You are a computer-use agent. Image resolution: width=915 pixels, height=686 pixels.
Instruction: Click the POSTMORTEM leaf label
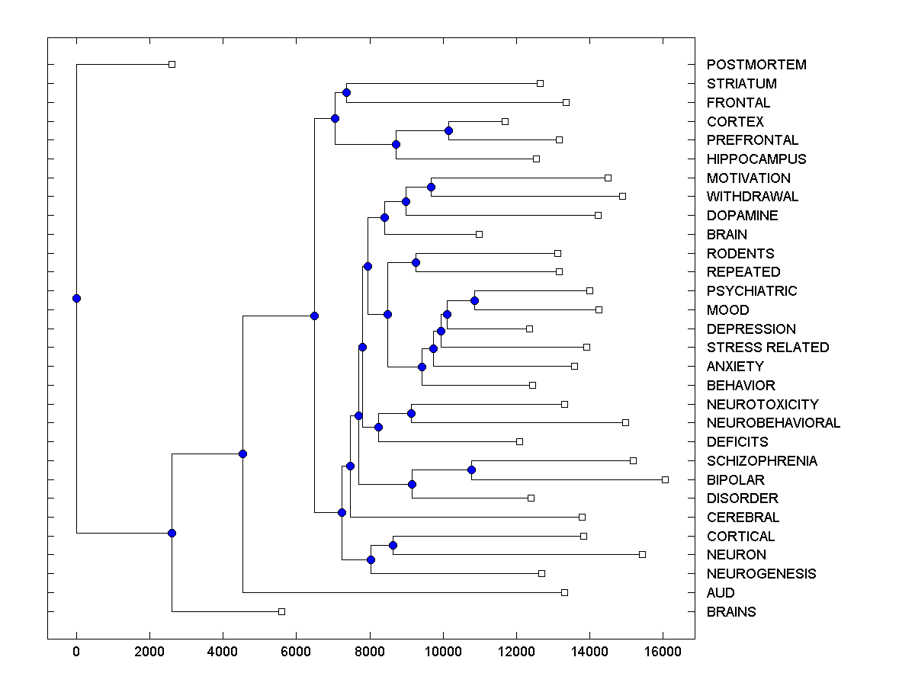[x=756, y=65]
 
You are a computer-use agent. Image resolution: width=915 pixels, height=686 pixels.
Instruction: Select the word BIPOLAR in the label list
[x=735, y=480]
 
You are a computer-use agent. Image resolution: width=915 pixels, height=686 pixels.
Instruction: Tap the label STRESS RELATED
[x=767, y=348]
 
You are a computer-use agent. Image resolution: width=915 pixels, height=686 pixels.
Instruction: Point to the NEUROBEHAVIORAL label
[x=773, y=423]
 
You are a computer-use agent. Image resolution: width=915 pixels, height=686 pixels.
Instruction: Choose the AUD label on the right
[x=721, y=593]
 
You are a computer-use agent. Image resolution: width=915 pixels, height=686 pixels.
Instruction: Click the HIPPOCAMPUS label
[x=756, y=159]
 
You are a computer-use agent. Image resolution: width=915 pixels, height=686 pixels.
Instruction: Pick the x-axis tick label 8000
[x=370, y=652]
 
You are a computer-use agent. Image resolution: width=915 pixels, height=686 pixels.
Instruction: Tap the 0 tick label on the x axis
[x=76, y=652]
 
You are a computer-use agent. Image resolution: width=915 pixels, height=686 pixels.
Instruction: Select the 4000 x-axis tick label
[x=223, y=652]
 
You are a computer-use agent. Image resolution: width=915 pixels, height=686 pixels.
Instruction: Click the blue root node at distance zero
[x=76, y=298]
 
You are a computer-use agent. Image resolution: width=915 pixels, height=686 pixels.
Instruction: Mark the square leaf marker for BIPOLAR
[x=665, y=479]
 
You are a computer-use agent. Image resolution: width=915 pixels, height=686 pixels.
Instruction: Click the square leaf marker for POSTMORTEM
[x=172, y=64]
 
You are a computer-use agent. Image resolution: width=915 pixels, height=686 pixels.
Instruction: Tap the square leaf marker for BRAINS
[x=281, y=611]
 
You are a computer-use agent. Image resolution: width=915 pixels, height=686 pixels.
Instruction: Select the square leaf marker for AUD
[x=564, y=592]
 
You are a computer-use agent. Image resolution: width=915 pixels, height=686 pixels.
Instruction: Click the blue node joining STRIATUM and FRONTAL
[x=346, y=92]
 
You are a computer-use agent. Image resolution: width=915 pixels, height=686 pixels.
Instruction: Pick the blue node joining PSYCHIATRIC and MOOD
[x=474, y=300]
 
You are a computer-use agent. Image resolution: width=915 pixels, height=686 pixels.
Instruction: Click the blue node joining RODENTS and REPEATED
[x=416, y=262]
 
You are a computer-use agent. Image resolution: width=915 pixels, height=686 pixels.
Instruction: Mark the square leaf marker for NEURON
[x=642, y=554]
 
